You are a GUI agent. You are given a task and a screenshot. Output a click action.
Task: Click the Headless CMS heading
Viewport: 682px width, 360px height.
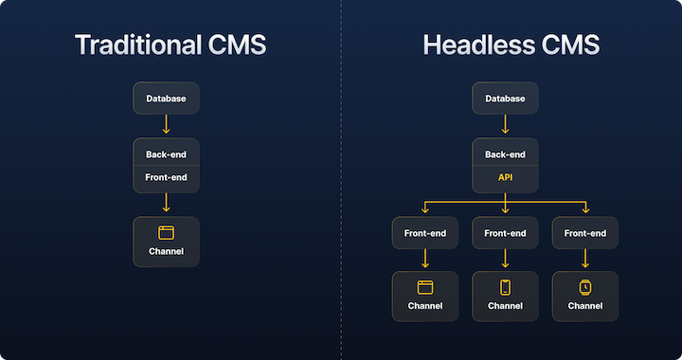click(x=511, y=45)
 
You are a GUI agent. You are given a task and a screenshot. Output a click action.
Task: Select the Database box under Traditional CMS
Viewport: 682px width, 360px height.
click(x=166, y=99)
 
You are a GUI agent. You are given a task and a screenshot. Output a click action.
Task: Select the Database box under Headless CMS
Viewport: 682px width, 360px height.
click(x=505, y=99)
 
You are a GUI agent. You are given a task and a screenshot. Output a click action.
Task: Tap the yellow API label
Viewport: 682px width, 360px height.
click(x=505, y=177)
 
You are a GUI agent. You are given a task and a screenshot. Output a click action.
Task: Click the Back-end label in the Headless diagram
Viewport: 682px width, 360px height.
click(x=505, y=154)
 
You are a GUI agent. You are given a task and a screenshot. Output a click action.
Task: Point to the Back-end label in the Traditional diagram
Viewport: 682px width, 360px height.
click(x=166, y=154)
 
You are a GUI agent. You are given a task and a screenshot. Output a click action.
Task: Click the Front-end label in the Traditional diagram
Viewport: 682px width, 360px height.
click(x=166, y=177)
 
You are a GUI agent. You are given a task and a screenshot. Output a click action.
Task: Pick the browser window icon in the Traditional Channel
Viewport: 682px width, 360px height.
click(x=166, y=232)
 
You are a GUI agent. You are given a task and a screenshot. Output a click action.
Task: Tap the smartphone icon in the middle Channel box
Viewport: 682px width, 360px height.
click(x=505, y=287)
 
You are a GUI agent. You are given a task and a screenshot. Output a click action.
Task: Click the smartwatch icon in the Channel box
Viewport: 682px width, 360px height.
click(x=585, y=287)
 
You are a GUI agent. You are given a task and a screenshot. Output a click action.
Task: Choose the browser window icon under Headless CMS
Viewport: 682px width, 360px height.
click(x=424, y=287)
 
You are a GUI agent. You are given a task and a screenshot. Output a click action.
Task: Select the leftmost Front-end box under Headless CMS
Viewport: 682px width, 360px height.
click(x=424, y=233)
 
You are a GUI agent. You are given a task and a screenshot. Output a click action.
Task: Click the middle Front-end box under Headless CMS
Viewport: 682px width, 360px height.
click(x=505, y=233)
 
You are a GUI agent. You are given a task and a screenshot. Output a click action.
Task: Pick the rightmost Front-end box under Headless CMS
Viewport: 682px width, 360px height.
click(x=585, y=233)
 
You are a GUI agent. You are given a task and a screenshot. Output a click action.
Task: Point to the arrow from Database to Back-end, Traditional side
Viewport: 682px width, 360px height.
click(x=166, y=125)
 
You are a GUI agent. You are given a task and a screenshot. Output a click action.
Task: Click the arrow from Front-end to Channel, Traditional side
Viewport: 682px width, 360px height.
click(x=166, y=203)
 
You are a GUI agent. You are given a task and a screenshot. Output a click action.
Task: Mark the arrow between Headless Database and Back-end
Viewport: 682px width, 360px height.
click(x=505, y=125)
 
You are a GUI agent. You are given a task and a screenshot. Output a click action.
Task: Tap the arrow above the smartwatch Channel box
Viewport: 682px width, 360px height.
click(x=585, y=259)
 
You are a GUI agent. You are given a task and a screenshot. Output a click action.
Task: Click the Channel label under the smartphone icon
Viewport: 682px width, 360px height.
click(x=505, y=306)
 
